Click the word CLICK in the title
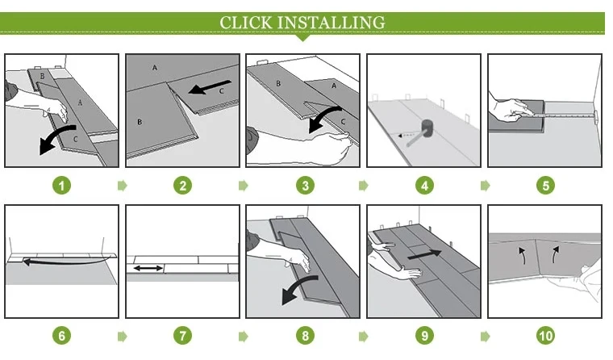[245, 23]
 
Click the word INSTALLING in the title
[332, 23]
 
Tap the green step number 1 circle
[62, 185]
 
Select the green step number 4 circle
[424, 185]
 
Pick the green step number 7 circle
[182, 336]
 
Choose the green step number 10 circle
[546, 336]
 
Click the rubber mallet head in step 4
[427, 128]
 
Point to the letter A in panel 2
[155, 68]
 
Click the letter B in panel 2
[140, 122]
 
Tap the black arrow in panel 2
[210, 87]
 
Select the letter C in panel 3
[343, 122]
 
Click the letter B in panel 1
[42, 77]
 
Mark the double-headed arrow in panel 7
[148, 269]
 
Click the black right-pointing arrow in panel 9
[424, 254]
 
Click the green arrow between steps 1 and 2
[123, 185]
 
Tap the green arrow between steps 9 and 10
[486, 336]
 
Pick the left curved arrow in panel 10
[523, 255]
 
